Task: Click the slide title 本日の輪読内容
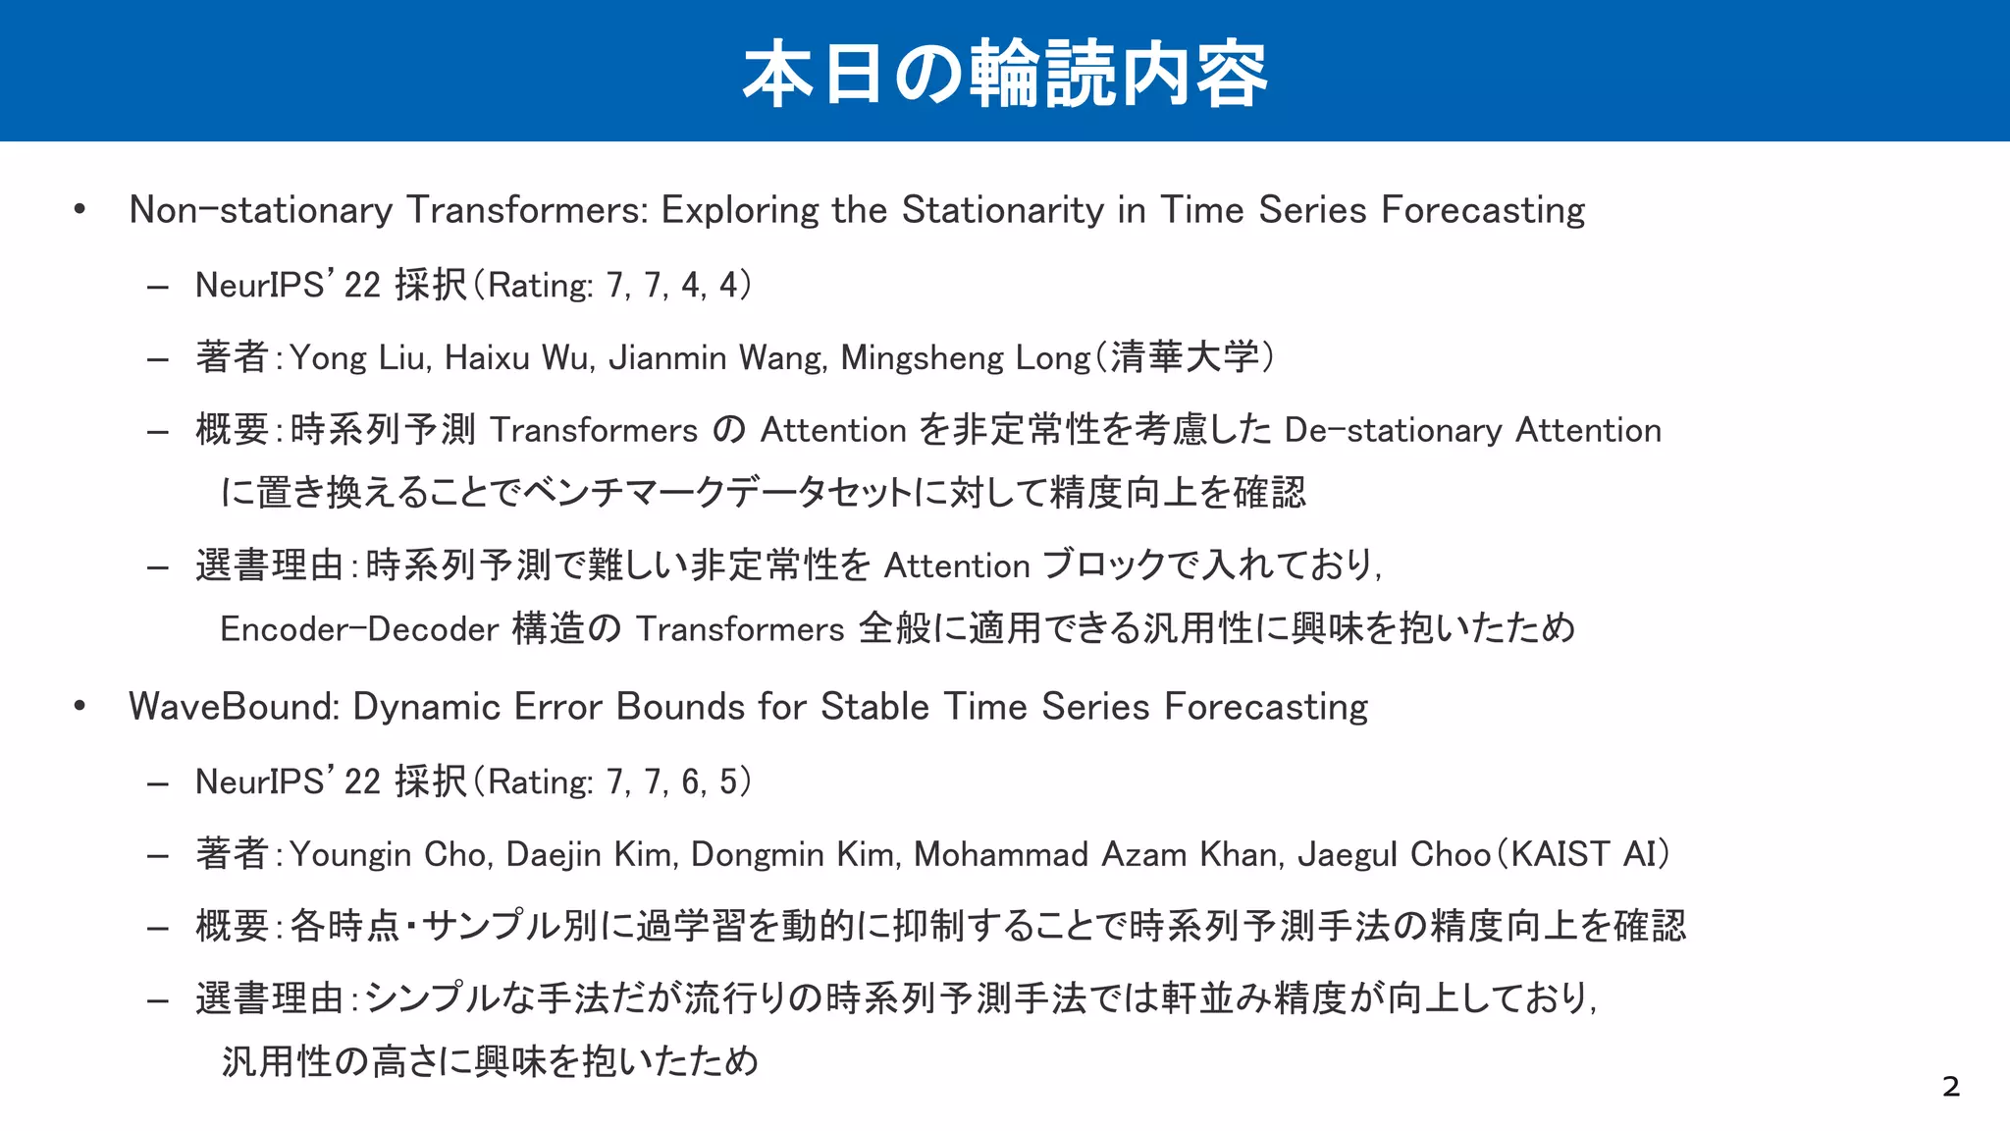1005,73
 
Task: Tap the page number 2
1950,1087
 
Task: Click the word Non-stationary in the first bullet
261,210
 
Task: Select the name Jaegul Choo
1394,854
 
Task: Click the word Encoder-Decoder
359,628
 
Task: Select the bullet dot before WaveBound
79,706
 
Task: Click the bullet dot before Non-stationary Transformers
79,209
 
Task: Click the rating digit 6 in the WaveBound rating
691,782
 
